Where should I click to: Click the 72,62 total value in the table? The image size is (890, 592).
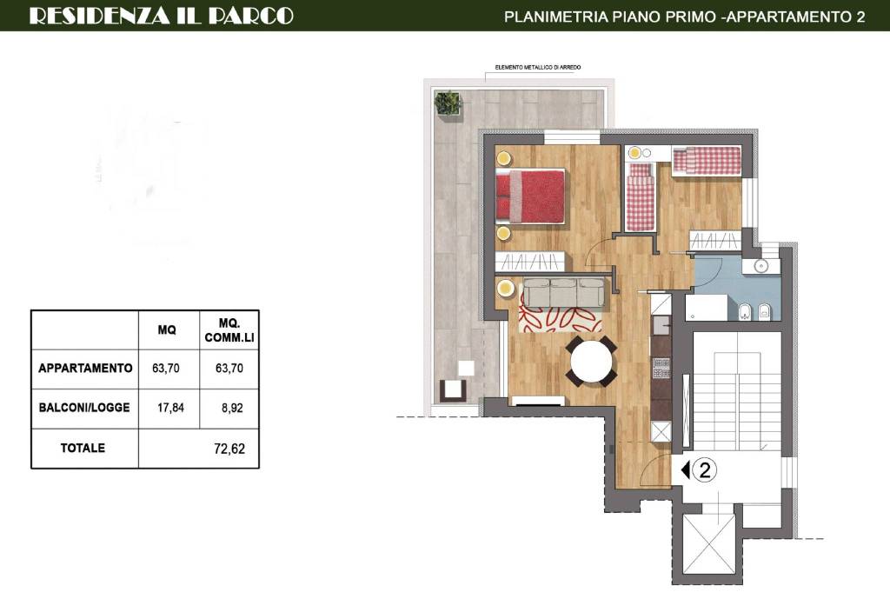[x=229, y=449]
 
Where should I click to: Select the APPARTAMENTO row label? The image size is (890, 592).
[x=85, y=369]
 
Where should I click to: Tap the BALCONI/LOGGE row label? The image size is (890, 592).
[x=84, y=408]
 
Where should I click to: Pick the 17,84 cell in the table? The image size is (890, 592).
[x=170, y=408]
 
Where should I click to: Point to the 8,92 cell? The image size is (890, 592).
[x=232, y=408]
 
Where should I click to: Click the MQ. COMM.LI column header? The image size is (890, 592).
[x=229, y=330]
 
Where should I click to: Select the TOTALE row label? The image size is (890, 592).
[x=83, y=448]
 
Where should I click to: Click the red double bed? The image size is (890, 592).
[x=530, y=196]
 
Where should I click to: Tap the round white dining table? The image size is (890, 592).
[x=591, y=361]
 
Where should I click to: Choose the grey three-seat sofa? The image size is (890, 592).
[x=563, y=293]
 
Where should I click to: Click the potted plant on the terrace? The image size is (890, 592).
[x=448, y=103]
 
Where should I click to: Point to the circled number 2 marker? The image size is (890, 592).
[x=705, y=470]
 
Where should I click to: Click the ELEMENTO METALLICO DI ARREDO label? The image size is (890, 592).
[x=537, y=68]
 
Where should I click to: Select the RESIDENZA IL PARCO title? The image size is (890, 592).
[x=161, y=16]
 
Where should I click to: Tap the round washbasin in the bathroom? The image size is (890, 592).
[x=761, y=266]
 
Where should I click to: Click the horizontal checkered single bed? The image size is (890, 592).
[x=707, y=161]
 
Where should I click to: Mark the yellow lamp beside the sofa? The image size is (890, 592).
[x=505, y=289]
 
